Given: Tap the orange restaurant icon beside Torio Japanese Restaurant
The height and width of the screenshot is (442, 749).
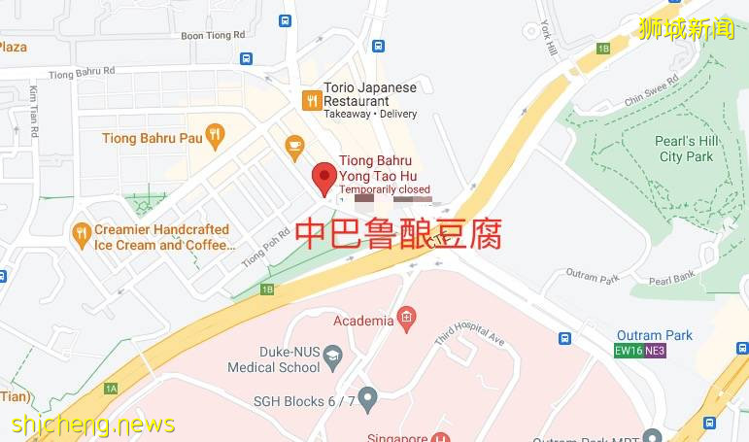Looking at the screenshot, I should click(313, 99).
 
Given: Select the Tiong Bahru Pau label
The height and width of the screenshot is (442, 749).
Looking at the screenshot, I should click(153, 138).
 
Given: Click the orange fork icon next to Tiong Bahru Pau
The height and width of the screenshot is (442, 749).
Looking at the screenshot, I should click(216, 135).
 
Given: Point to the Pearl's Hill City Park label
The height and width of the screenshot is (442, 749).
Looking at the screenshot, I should click(686, 149).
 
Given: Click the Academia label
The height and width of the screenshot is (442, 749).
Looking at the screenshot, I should click(363, 321).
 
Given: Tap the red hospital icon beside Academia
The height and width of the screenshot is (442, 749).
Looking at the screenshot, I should click(406, 317).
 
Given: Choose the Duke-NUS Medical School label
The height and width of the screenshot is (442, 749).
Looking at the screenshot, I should click(273, 360).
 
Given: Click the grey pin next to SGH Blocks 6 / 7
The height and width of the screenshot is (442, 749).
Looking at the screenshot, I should click(367, 397).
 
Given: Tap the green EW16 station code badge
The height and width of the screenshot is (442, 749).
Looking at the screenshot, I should click(629, 351).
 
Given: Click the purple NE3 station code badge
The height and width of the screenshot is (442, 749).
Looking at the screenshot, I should click(655, 351).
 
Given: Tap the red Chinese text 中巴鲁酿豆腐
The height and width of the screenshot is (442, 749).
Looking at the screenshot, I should click(397, 234).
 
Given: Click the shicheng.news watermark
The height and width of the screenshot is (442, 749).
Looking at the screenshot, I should click(93, 425).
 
